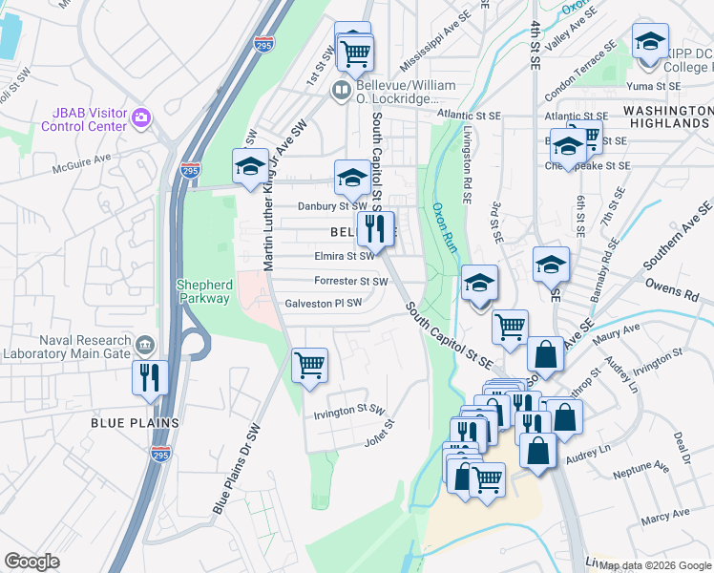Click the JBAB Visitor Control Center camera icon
141,117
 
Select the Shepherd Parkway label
202,291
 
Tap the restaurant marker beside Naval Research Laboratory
150,376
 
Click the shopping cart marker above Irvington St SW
309,364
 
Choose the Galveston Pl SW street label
325,304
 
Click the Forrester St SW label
351,282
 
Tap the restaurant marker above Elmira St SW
374,227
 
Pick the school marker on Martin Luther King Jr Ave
250,166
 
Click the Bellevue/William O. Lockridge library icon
341,91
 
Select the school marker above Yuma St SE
649,43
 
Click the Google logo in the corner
31,562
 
